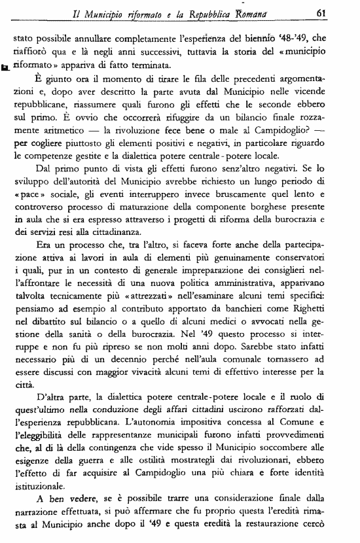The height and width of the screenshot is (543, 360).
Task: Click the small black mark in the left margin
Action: pos(6,67)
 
